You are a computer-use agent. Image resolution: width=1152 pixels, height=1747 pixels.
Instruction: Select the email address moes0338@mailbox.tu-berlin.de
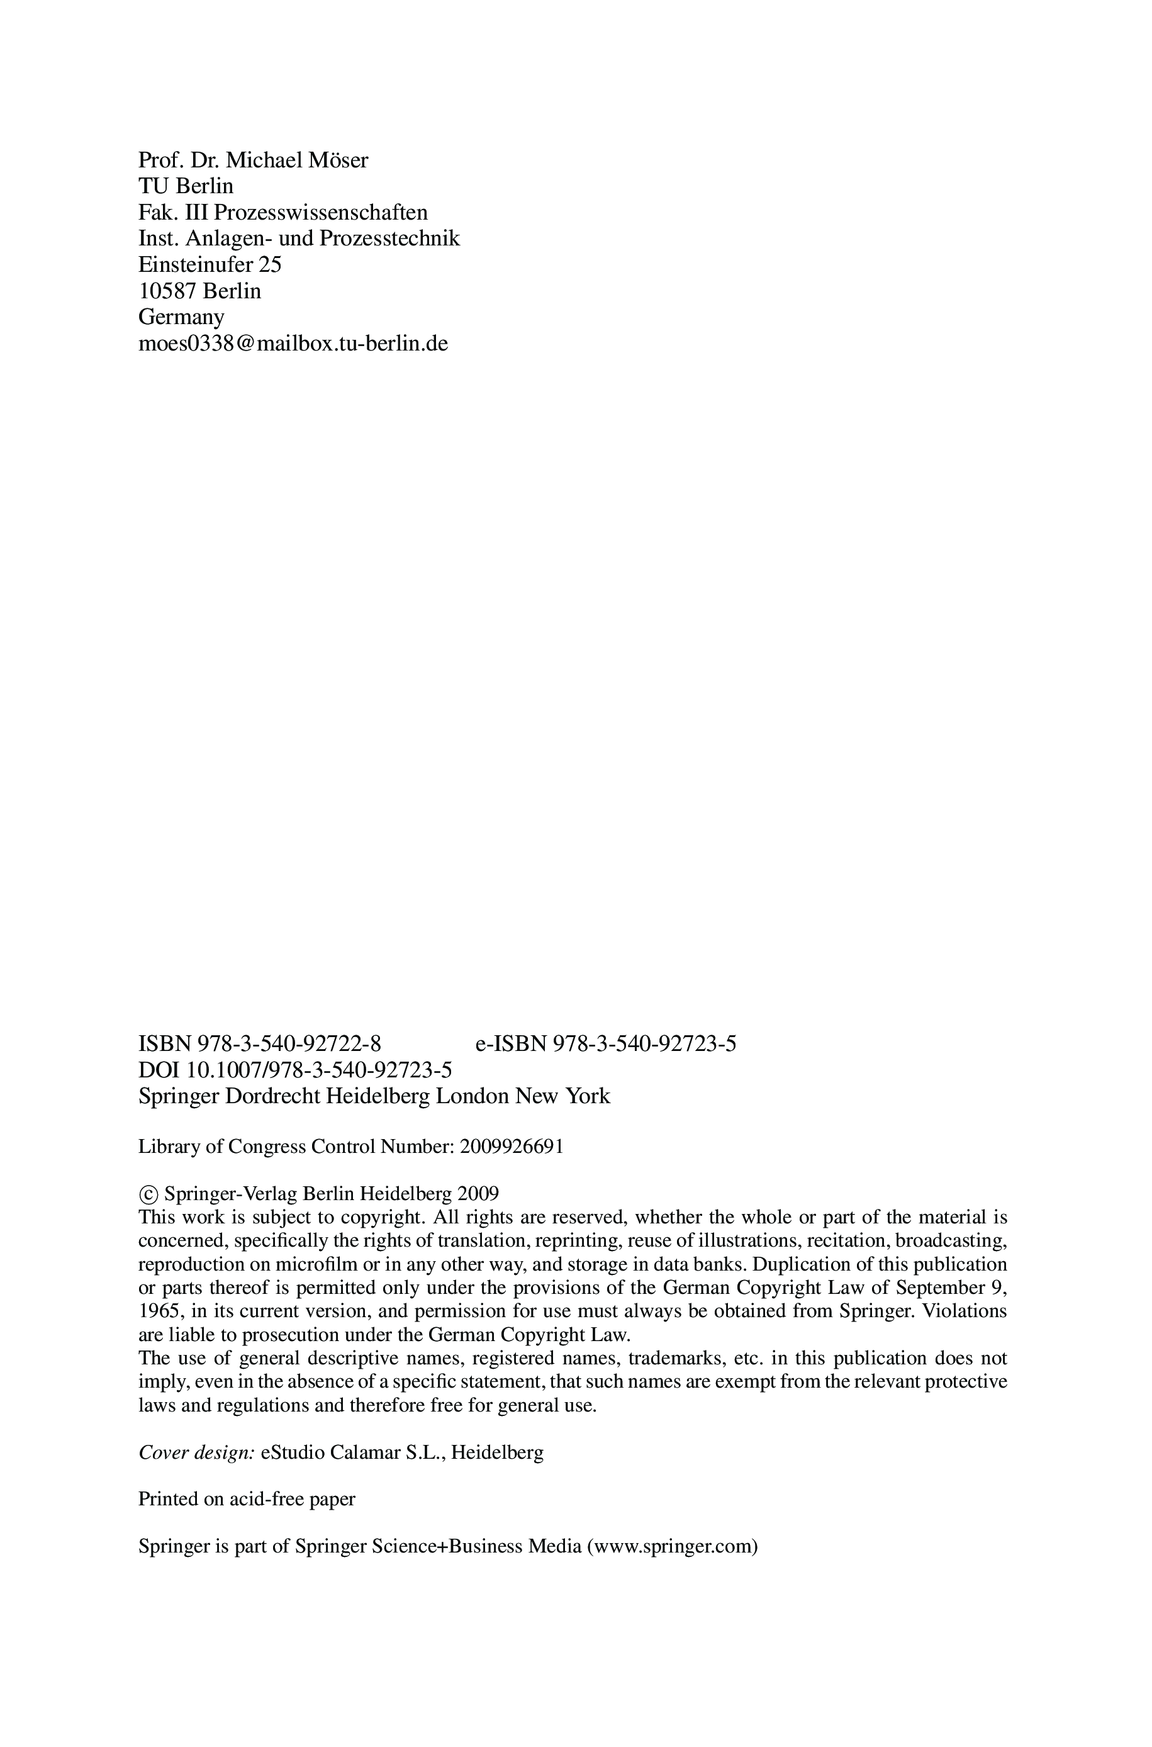tap(293, 343)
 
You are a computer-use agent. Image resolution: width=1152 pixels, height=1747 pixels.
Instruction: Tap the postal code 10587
tap(167, 291)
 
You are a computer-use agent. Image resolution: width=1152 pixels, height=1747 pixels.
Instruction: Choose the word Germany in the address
tap(181, 317)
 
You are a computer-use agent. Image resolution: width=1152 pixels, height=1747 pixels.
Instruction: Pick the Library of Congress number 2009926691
tap(512, 1147)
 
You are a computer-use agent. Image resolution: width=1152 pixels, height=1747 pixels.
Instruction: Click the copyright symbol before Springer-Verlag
tap(148, 1194)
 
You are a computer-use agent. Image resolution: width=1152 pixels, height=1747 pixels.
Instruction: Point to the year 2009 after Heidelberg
tap(478, 1193)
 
